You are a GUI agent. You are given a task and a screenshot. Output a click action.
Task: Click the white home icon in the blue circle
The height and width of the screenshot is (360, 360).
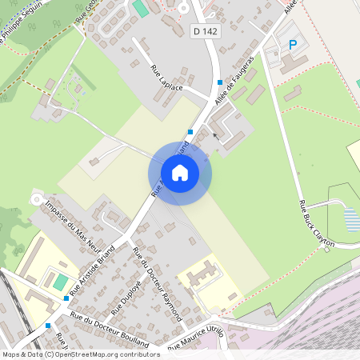click(x=180, y=172)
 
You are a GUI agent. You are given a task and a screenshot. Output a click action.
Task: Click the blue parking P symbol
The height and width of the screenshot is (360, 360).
click(x=292, y=45)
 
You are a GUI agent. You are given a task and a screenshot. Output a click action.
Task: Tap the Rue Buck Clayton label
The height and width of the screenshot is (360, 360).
click(x=314, y=226)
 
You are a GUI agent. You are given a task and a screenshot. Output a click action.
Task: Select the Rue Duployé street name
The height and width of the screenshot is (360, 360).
click(x=126, y=295)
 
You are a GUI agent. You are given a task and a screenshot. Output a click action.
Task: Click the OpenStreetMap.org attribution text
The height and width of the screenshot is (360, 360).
click(x=104, y=354)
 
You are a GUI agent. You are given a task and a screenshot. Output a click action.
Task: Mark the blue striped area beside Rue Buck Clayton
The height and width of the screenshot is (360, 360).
click(x=350, y=218)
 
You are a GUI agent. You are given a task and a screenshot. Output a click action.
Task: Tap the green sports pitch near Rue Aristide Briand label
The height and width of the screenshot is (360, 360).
click(x=61, y=282)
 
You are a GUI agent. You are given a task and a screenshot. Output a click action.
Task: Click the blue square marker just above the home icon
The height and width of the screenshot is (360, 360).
click(x=190, y=132)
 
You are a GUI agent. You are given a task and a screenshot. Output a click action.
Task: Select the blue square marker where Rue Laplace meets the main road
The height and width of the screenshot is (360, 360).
click(x=219, y=82)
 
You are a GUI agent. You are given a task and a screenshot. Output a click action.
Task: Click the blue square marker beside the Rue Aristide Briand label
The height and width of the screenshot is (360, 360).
click(x=66, y=298)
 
